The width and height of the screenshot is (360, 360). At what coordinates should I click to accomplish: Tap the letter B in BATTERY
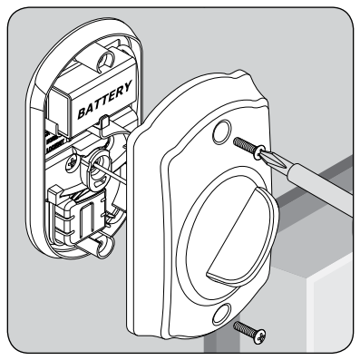tap(83, 113)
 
